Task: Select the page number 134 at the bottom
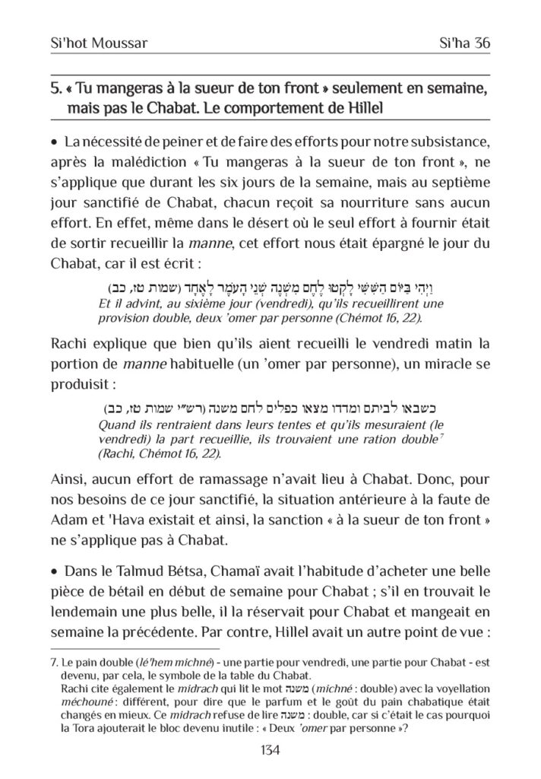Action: coord(270,750)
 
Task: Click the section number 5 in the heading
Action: coord(54,90)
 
